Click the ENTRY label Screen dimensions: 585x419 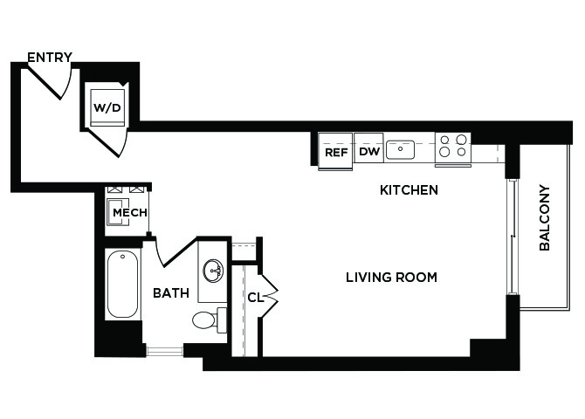[50, 57]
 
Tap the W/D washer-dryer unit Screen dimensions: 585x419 [107, 107]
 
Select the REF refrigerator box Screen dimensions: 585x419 [335, 151]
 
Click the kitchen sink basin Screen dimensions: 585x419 [400, 149]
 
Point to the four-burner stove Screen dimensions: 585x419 [453, 148]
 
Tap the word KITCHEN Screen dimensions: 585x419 [409, 190]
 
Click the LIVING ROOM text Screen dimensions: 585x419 [391, 278]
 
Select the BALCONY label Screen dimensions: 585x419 [545, 218]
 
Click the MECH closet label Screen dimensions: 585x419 [130, 213]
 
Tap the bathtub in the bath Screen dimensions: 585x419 [122, 284]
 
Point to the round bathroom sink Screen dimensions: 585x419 [213, 271]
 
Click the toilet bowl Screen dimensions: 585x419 [204, 319]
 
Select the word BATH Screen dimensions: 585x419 [171, 293]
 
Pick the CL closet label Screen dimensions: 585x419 [255, 298]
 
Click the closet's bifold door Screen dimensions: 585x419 [270, 297]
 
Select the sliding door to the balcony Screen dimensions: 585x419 [513, 237]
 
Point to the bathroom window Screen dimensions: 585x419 [164, 351]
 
